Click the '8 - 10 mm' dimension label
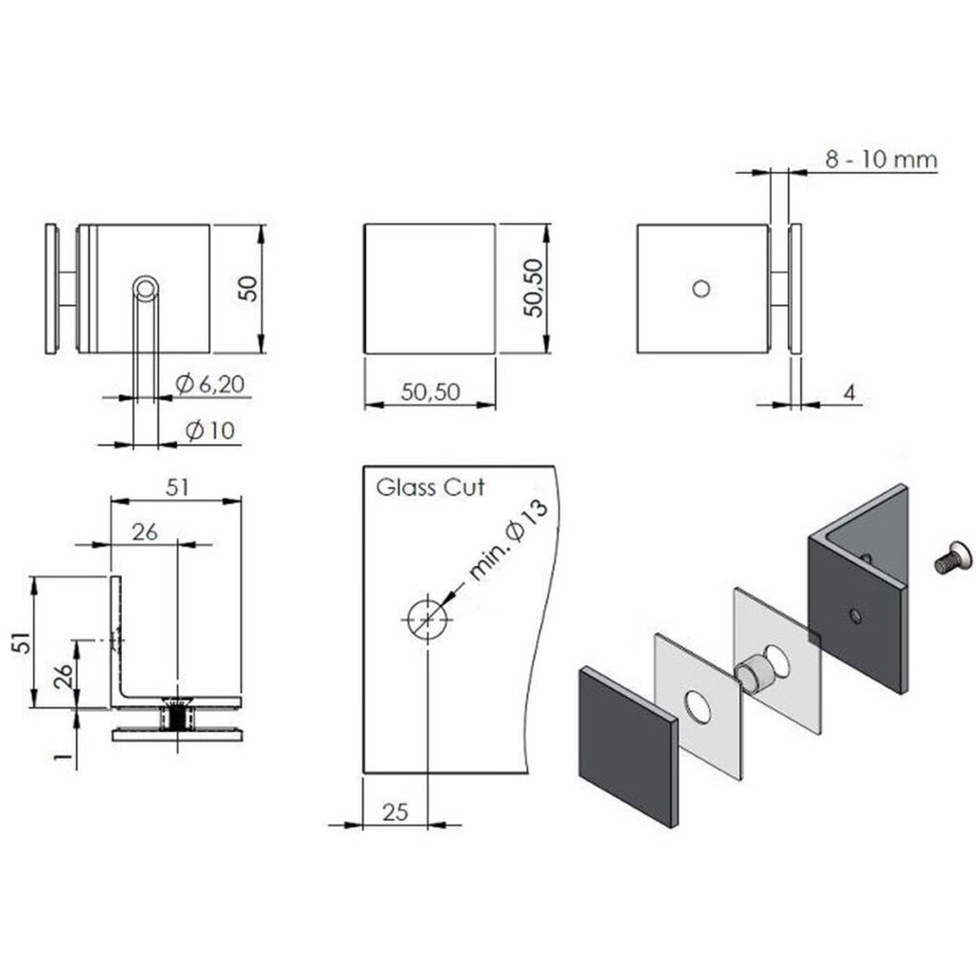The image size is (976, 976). pyautogui.click(x=881, y=159)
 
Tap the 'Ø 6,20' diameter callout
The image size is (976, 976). pyautogui.click(x=212, y=384)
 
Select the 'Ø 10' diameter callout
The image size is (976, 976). pyautogui.click(x=211, y=431)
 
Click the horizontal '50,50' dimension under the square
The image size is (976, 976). pyautogui.click(x=429, y=392)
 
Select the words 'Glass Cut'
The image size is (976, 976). pyautogui.click(x=430, y=488)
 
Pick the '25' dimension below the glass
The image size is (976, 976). pyautogui.click(x=396, y=811)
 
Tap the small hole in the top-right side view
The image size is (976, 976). pyautogui.click(x=701, y=287)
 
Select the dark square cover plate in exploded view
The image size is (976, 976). pyautogui.click(x=627, y=743)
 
